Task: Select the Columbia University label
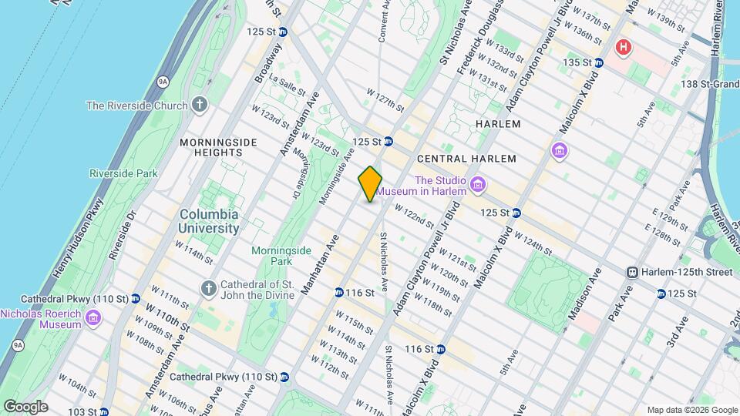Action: click(x=209, y=221)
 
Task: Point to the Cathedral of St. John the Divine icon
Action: click(x=207, y=288)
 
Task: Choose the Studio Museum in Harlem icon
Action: click(x=478, y=184)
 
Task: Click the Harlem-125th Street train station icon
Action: click(x=631, y=272)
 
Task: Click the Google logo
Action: click(x=25, y=407)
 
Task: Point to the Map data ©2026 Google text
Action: click(x=691, y=410)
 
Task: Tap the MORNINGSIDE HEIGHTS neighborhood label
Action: click(x=211, y=147)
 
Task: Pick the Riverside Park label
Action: click(x=123, y=173)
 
